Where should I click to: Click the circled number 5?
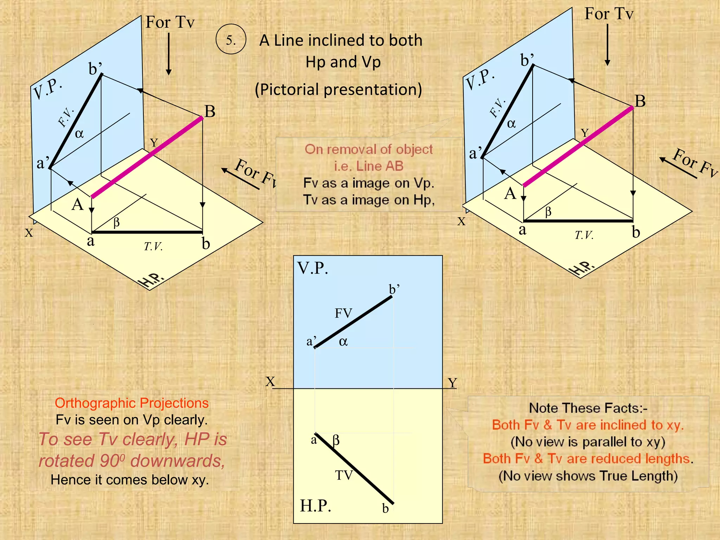(231, 39)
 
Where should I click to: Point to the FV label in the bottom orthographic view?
(343, 313)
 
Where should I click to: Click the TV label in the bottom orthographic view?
(343, 475)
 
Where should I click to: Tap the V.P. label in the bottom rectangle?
(313, 268)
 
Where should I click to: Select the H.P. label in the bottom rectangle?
(315, 506)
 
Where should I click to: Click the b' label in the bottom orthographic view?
(394, 289)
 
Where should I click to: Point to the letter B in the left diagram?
(210, 111)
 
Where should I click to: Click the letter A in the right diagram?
(510, 193)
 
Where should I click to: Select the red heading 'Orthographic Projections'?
(131, 403)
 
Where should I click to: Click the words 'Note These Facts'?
(588, 408)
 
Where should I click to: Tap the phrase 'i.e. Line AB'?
(368, 166)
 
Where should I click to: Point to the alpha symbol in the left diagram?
(79, 134)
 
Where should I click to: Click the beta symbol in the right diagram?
(548, 212)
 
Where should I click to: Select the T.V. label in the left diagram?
(153, 246)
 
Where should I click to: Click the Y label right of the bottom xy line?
(452, 382)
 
